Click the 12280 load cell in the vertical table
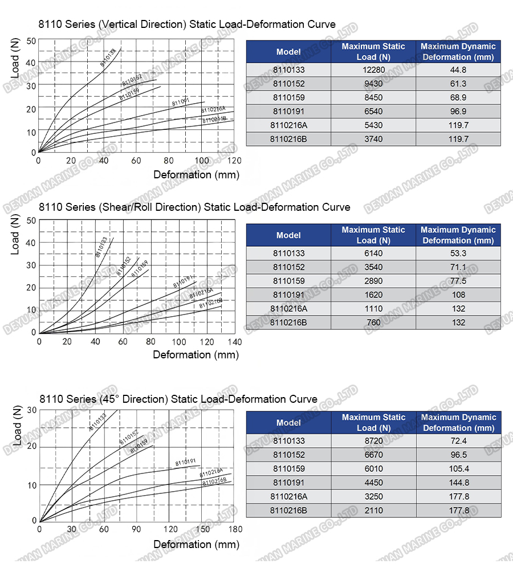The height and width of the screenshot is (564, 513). click(373, 70)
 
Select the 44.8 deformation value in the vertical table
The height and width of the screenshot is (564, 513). click(458, 70)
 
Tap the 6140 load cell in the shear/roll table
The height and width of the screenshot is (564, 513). click(373, 254)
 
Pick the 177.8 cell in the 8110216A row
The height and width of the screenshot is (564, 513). click(458, 496)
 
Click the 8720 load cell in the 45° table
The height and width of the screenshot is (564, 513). click(373, 441)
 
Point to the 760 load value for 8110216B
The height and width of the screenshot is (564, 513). click(373, 322)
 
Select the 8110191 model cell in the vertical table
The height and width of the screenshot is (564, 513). click(288, 112)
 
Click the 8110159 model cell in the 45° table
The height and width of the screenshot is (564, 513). click(288, 469)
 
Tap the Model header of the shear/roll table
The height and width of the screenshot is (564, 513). click(288, 235)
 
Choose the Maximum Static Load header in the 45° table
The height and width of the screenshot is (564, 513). click(373, 423)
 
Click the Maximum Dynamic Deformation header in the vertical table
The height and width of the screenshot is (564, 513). click(458, 52)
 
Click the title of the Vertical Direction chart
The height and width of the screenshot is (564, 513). click(187, 24)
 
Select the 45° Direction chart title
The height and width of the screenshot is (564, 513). click(178, 399)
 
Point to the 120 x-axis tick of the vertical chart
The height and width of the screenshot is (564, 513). click(234, 161)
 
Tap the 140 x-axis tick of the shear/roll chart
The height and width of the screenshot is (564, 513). click(234, 342)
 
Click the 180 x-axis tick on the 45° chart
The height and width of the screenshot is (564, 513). click(235, 529)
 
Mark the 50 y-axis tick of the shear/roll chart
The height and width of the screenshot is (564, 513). click(31, 220)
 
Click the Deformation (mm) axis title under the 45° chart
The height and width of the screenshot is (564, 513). click(196, 545)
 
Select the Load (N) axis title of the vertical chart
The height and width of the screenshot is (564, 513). click(15, 59)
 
